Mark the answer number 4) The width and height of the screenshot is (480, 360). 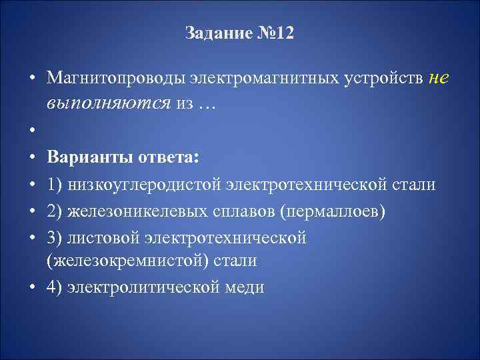click(55, 287)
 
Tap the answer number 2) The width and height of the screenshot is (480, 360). click(55, 211)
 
